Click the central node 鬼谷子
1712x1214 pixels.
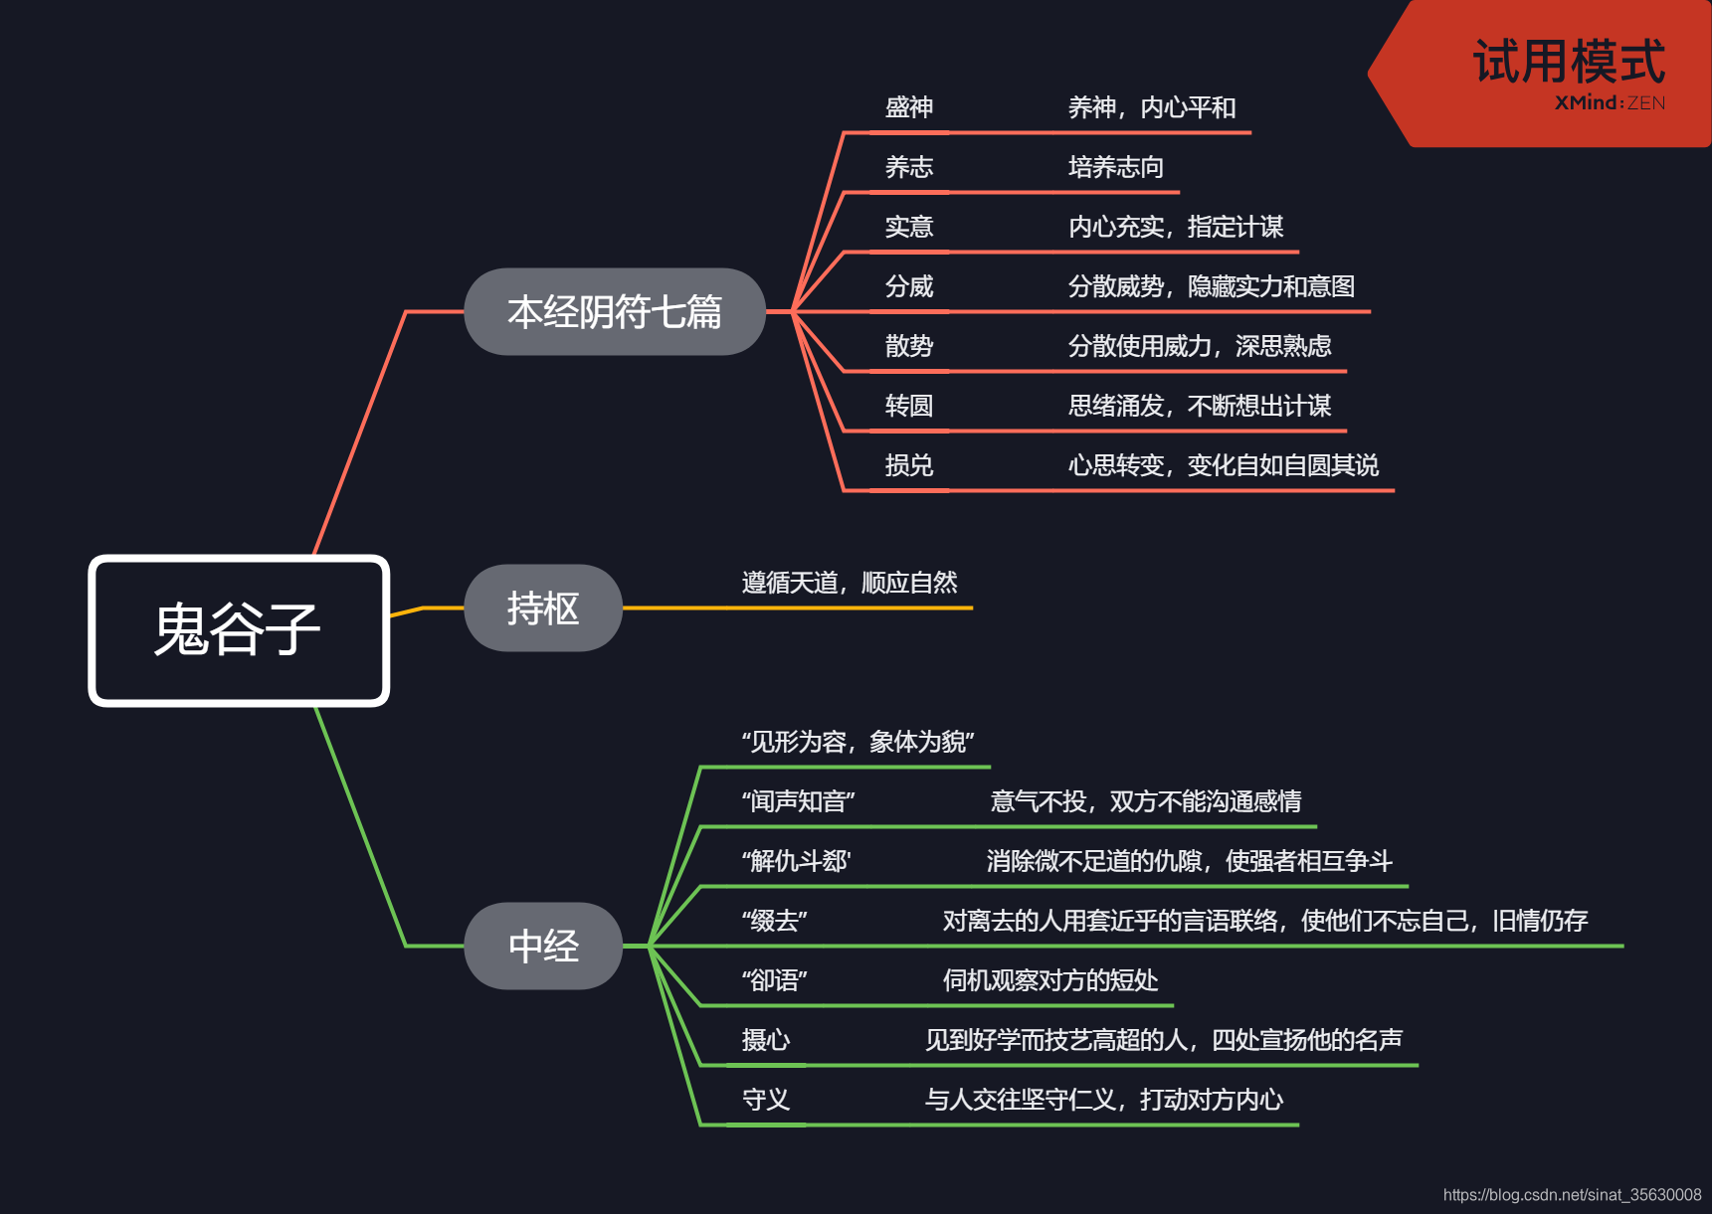pos(239,630)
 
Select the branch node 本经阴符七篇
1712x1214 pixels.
pos(615,312)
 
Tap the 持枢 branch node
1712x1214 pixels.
pos(543,608)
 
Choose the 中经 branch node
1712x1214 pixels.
pos(543,946)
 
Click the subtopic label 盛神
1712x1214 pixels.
pos(909,107)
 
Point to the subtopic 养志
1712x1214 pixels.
pos(909,167)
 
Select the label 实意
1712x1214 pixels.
pos(909,227)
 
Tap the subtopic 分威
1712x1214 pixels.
pos(909,286)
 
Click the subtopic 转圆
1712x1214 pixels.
pos(909,406)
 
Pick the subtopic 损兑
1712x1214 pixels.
pos(909,465)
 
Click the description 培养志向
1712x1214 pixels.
pos(1116,167)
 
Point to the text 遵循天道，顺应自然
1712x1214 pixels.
pos(850,583)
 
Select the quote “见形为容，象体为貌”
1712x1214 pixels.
pos(857,742)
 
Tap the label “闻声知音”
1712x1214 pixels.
pos(798,801)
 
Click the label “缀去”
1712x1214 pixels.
pos(774,921)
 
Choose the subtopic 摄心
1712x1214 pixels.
pos(766,1040)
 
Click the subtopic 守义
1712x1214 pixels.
pos(766,1100)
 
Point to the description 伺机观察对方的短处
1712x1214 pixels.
pos(1050,980)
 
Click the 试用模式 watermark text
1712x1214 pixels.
pos(1569,62)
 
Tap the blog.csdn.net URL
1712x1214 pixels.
pos(1572,1194)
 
